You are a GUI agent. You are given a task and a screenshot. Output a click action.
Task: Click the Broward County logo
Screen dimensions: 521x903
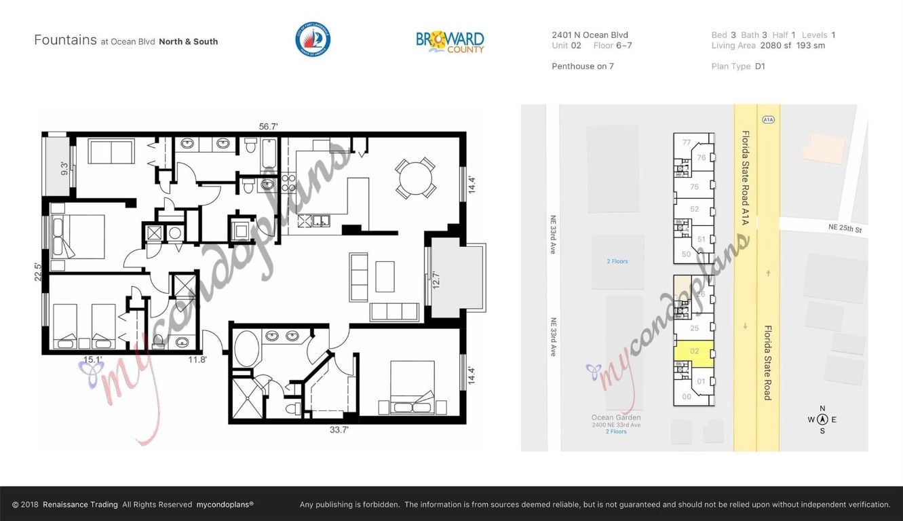[x=450, y=41]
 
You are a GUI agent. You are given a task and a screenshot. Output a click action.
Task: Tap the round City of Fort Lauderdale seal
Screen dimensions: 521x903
[x=313, y=39]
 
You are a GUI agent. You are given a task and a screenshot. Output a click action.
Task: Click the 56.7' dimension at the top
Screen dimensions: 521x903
[x=269, y=126]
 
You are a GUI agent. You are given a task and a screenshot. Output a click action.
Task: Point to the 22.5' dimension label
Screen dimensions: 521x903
[x=39, y=271]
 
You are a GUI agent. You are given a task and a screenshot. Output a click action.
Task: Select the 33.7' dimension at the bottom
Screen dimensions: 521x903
[x=339, y=429]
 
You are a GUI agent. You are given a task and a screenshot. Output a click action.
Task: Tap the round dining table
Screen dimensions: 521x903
[x=415, y=178]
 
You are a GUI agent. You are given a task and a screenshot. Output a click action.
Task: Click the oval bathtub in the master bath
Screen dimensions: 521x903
[x=246, y=349]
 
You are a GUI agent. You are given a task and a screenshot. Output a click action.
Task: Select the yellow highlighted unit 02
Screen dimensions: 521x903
[x=693, y=352]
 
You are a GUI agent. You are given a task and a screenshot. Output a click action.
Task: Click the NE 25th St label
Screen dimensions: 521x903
[x=845, y=229]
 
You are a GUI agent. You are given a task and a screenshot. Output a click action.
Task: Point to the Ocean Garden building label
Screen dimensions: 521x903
[x=616, y=418]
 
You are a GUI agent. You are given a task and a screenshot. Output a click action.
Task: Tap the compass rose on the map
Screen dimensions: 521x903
[x=822, y=419]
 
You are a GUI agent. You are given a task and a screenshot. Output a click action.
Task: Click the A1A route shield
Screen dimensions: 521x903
[x=767, y=119]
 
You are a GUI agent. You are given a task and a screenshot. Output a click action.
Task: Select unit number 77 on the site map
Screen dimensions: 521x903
[x=687, y=142]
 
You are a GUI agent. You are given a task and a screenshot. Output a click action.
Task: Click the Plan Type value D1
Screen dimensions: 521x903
[x=760, y=66]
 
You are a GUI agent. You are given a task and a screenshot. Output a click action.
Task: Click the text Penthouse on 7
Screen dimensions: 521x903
[x=582, y=66]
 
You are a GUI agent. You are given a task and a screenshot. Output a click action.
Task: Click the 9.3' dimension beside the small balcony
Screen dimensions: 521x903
[x=64, y=167]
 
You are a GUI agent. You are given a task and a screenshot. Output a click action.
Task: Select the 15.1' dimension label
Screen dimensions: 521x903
[x=92, y=360]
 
